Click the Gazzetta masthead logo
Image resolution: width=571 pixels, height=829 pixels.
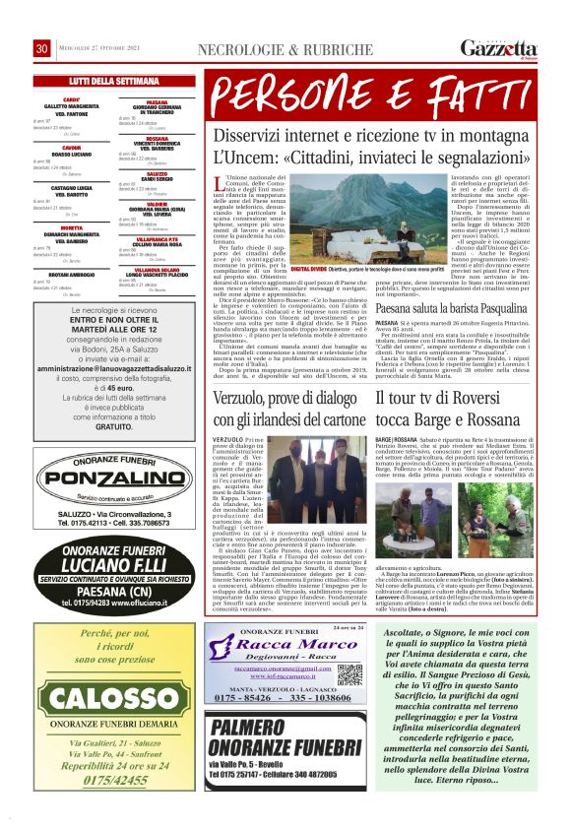(x=503, y=48)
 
